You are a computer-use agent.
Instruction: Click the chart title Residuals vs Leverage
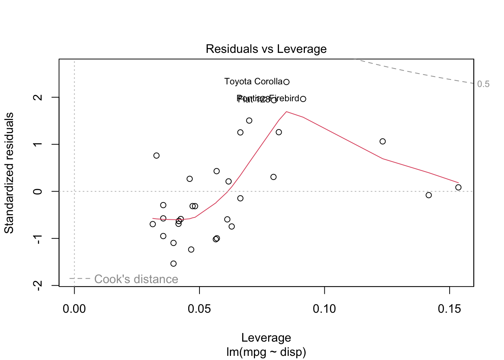266,49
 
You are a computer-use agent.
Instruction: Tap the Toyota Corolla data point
286,82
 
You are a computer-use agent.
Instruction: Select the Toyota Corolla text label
253,81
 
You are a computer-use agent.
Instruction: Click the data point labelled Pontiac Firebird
303,99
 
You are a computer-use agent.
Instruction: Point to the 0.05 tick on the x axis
199,309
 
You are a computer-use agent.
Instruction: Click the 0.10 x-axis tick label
324,309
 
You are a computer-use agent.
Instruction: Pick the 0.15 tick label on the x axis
449,309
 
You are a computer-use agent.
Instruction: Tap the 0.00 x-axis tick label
74,309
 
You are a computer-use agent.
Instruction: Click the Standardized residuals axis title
9,173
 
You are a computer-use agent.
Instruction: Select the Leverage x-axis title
266,337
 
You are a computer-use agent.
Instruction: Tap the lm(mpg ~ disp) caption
266,352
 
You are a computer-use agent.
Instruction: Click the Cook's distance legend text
136,279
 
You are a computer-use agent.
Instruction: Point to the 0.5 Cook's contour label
483,84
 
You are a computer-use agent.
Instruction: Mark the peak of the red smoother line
286,111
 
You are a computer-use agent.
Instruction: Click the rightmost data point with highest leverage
458,187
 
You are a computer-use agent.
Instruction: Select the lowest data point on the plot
173,264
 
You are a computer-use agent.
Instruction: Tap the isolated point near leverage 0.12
382,141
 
